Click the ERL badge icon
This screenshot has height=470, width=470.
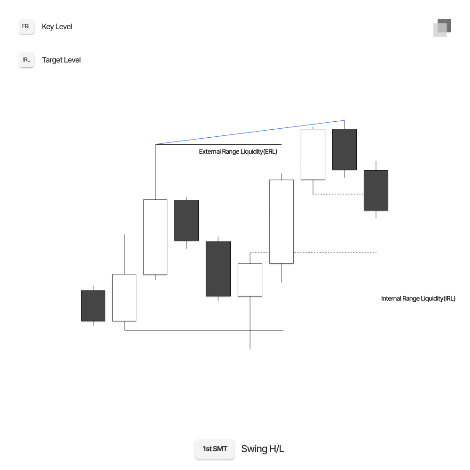27,27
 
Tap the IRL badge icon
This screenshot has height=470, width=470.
27,60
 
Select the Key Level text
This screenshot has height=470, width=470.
57,27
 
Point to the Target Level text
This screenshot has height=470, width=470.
61,60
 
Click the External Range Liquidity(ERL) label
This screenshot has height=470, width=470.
238,152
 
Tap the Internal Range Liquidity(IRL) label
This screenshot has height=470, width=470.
418,298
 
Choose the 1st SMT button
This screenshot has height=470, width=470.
215,449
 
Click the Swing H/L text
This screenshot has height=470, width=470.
262,449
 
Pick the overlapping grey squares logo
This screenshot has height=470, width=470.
442,28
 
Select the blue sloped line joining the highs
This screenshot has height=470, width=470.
249,133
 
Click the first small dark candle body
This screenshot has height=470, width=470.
93,305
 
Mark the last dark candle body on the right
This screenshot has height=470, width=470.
376,190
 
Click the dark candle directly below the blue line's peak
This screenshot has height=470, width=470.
344,149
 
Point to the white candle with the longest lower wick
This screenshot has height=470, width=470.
250,280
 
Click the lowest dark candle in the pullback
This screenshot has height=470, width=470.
218,268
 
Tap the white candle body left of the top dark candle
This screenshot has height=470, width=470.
313,154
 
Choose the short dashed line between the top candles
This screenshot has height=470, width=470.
338,194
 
